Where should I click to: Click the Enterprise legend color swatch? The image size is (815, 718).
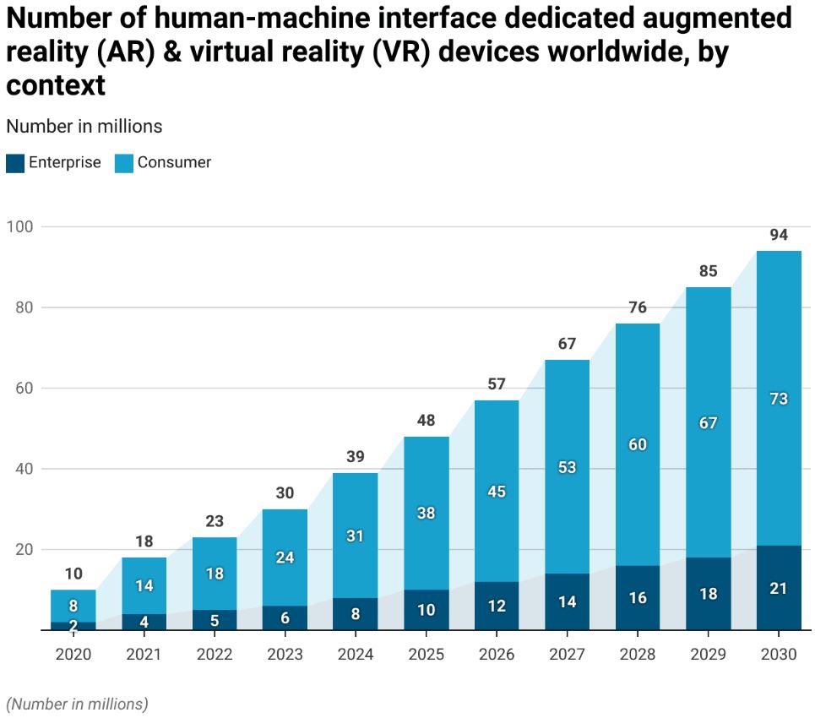pyautogui.click(x=15, y=163)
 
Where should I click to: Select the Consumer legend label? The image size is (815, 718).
pyautogui.click(x=174, y=162)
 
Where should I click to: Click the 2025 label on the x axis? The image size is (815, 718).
pyautogui.click(x=426, y=654)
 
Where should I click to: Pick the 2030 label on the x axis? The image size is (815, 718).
pyautogui.click(x=778, y=654)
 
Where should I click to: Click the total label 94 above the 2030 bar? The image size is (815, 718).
pyautogui.click(x=778, y=235)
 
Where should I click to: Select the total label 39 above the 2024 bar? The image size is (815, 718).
pyautogui.click(x=356, y=457)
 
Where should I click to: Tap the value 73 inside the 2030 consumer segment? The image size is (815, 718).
pyautogui.click(x=778, y=398)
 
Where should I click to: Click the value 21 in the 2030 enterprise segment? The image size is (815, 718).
pyautogui.click(x=778, y=588)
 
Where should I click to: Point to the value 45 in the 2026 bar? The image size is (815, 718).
pyautogui.click(x=497, y=492)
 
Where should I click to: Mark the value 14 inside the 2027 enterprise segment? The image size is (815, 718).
pyautogui.click(x=567, y=601)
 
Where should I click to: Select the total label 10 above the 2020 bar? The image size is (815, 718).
pyautogui.click(x=73, y=574)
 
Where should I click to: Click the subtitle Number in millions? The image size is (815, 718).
pyautogui.click(x=84, y=127)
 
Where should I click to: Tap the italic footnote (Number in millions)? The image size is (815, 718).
pyautogui.click(x=77, y=704)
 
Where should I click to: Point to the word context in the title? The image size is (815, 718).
pyautogui.click(x=56, y=85)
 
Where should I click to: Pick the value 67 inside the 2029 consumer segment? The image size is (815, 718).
pyautogui.click(x=708, y=422)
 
